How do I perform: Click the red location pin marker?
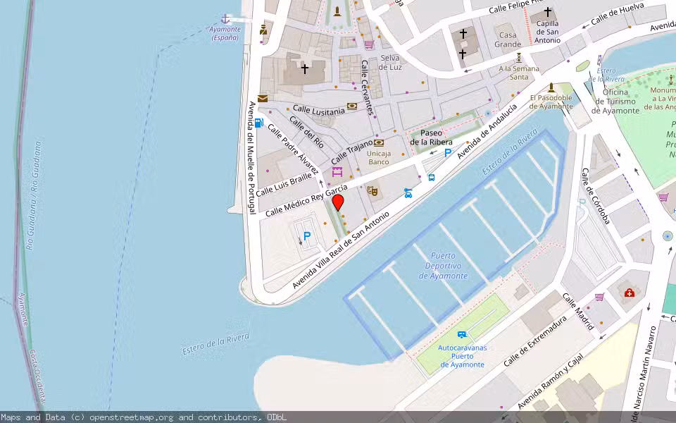click(338, 203)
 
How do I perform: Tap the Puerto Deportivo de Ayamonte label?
click(443, 266)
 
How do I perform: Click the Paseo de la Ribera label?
click(432, 137)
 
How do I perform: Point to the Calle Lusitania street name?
click(319, 110)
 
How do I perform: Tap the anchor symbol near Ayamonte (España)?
click(225, 18)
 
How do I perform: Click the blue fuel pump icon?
click(259, 123)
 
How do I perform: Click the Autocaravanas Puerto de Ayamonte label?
click(462, 356)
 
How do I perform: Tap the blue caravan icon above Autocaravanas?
click(462, 334)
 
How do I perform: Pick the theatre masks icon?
click(372, 190)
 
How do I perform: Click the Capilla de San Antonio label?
click(547, 31)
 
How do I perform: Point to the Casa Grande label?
click(508, 39)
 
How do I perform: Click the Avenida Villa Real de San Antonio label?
click(341, 250)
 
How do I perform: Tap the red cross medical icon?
click(629, 293)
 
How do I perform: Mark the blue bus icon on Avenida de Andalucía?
click(432, 178)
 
